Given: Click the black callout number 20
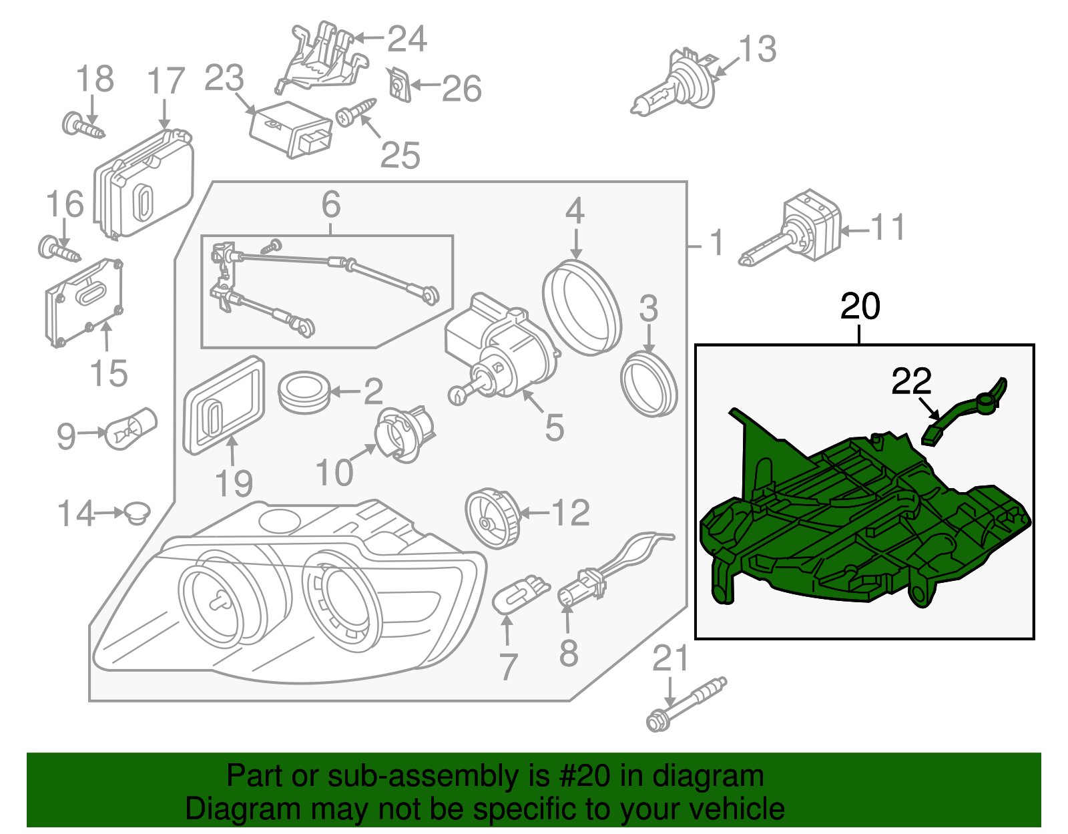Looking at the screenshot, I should click(x=860, y=306).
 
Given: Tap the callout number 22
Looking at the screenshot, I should click(x=911, y=382).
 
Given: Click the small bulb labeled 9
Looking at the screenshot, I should click(x=131, y=429).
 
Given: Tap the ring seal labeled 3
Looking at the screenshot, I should click(x=648, y=385).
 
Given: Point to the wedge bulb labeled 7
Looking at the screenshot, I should click(x=521, y=594).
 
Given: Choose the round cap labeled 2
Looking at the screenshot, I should click(x=304, y=393).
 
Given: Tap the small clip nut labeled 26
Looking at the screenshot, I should click(x=399, y=85).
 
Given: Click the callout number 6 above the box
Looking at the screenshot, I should click(x=331, y=205).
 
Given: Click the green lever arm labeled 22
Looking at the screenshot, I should click(x=965, y=410).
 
